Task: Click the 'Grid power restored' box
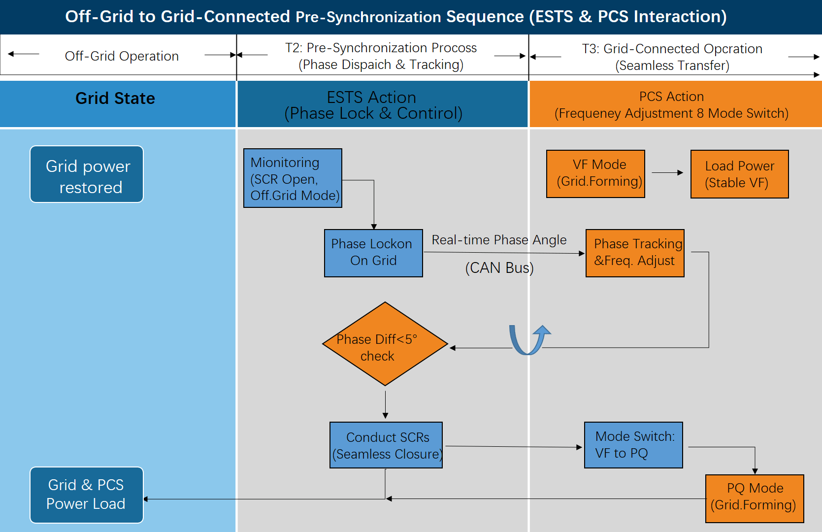click(87, 174)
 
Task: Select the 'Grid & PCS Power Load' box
click(87, 495)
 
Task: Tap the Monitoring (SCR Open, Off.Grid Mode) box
click(293, 178)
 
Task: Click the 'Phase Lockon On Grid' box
click(373, 253)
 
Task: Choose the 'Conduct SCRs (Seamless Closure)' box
click(386, 445)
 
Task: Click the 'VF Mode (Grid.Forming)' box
click(595, 173)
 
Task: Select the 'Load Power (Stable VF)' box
click(739, 174)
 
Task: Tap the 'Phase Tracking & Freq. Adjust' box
click(635, 253)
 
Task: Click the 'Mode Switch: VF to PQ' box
click(633, 445)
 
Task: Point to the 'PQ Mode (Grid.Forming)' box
click(755, 498)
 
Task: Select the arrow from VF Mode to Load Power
click(667, 173)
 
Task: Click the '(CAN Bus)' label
click(499, 267)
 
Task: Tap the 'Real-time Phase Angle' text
click(499, 240)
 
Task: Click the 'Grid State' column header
click(115, 99)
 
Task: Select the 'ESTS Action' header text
click(371, 97)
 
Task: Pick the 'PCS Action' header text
click(671, 97)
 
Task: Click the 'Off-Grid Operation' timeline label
click(122, 56)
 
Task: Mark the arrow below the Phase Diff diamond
click(386, 405)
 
